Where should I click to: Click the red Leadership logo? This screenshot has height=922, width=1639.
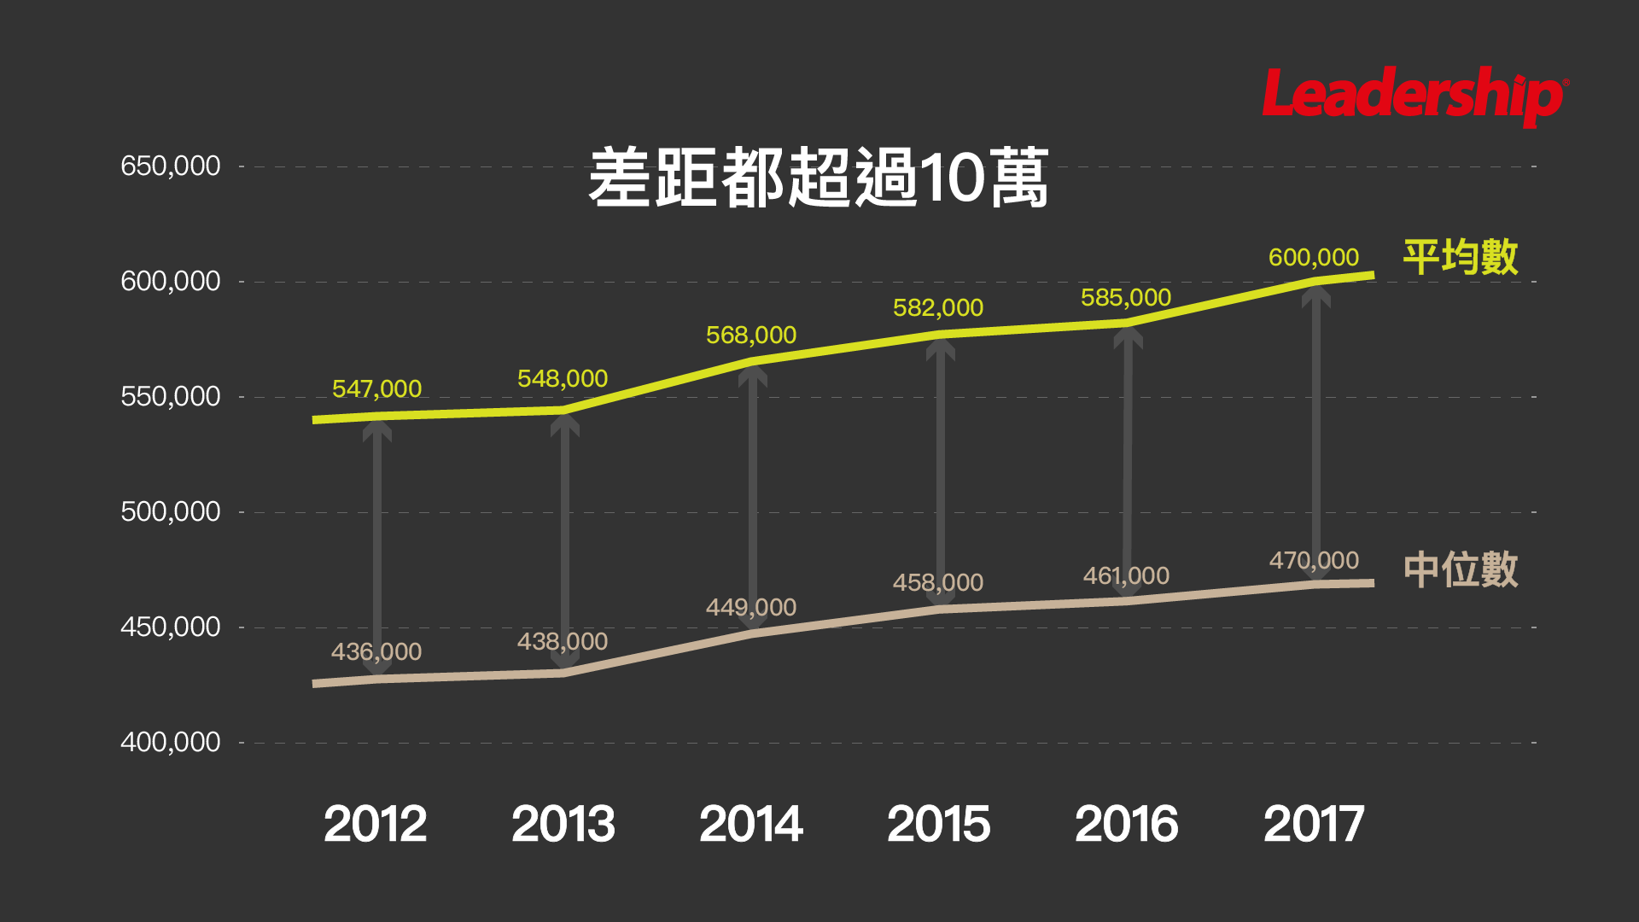[x=1414, y=96]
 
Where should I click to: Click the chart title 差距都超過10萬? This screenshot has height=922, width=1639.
[x=818, y=178]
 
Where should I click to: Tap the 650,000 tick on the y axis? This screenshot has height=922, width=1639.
[x=171, y=166]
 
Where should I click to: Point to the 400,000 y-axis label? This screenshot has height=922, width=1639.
[x=171, y=742]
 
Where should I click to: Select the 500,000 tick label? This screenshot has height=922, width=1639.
[x=171, y=511]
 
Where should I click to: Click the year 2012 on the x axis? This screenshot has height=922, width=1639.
[x=375, y=824]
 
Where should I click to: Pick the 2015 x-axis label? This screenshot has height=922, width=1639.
[x=938, y=824]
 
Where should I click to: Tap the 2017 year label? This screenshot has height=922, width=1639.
[x=1314, y=824]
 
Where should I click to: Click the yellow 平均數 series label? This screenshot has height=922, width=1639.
[x=1461, y=257]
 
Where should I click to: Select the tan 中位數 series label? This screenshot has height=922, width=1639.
[x=1461, y=569]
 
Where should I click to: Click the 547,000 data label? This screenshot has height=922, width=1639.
[x=376, y=389]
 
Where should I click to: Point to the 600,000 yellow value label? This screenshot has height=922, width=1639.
[x=1314, y=257]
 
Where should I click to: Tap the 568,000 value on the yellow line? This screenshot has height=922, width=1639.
[x=751, y=335]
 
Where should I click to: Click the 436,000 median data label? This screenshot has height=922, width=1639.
[x=376, y=651]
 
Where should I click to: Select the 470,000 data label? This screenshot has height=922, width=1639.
[x=1314, y=560]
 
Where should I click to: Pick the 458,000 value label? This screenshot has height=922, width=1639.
[x=938, y=582]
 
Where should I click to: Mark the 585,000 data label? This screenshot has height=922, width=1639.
[x=1126, y=297]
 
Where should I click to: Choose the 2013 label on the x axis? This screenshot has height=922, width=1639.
[x=563, y=824]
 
